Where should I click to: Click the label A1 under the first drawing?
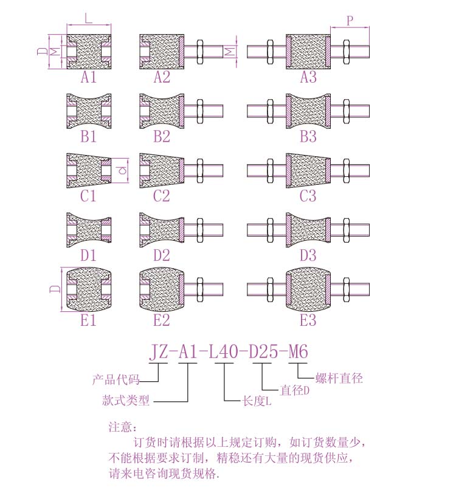[x=89, y=77]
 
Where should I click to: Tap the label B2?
[x=161, y=137]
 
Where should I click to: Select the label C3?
[x=308, y=196]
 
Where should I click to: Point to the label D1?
[x=89, y=255]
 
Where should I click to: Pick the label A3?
[x=308, y=77]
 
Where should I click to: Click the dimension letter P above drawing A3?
[x=350, y=20]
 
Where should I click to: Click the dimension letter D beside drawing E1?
[x=53, y=288]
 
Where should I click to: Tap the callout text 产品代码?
[x=116, y=381]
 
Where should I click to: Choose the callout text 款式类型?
[x=126, y=401]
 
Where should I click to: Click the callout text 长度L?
[x=257, y=401]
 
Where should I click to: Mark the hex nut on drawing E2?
[x=199, y=289]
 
